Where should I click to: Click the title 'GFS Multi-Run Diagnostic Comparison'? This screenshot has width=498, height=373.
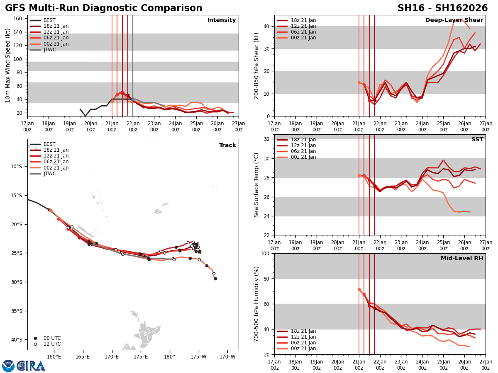[104, 8]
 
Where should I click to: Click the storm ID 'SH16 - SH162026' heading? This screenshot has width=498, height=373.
[442, 8]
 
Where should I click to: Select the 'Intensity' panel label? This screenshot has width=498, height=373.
[222, 20]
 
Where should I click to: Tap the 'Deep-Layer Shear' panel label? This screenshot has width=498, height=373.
[454, 20]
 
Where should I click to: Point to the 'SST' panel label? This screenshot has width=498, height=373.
[477, 140]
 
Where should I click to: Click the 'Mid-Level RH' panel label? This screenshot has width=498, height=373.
[462, 259]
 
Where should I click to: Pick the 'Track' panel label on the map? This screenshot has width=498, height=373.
[227, 145]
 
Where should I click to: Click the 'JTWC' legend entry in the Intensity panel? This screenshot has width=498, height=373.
[50, 50]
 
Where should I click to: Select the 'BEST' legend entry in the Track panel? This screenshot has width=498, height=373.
[49, 144]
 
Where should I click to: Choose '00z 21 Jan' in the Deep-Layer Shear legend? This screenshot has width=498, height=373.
[304, 38]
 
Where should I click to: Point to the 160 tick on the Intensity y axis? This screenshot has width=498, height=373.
[18, 18]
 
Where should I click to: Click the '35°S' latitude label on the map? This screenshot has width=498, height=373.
[17, 311]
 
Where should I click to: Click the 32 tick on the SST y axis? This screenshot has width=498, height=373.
[267, 139]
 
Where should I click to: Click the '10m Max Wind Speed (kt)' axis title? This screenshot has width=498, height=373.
[8, 65]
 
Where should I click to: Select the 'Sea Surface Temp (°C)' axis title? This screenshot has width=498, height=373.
[257, 185]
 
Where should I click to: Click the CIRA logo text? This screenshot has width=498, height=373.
[31, 366]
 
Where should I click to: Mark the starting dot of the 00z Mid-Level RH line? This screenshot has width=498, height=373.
[359, 289]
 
